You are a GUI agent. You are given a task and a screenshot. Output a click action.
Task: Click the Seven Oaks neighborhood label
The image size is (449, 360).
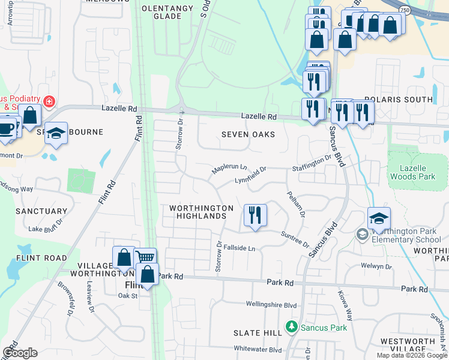point(248,134)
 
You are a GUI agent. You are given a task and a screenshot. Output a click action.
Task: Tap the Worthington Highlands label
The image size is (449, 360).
point(201,212)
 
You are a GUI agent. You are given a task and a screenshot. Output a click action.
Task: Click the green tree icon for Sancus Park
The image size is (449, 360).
point(292,327)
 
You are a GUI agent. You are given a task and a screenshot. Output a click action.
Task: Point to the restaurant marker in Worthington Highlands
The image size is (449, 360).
point(255,215)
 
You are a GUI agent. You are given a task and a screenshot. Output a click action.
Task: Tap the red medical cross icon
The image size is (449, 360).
point(49,101)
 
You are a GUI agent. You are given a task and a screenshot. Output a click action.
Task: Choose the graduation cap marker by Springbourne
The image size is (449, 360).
point(56,134)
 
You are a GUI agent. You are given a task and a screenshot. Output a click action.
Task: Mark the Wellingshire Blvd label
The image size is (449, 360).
point(272,305)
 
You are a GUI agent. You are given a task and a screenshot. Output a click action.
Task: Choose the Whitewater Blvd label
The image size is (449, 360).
point(258,349)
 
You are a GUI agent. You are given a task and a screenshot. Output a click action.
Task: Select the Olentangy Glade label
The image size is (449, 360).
point(167,12)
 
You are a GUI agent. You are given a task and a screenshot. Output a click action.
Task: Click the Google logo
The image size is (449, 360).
point(20,353)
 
